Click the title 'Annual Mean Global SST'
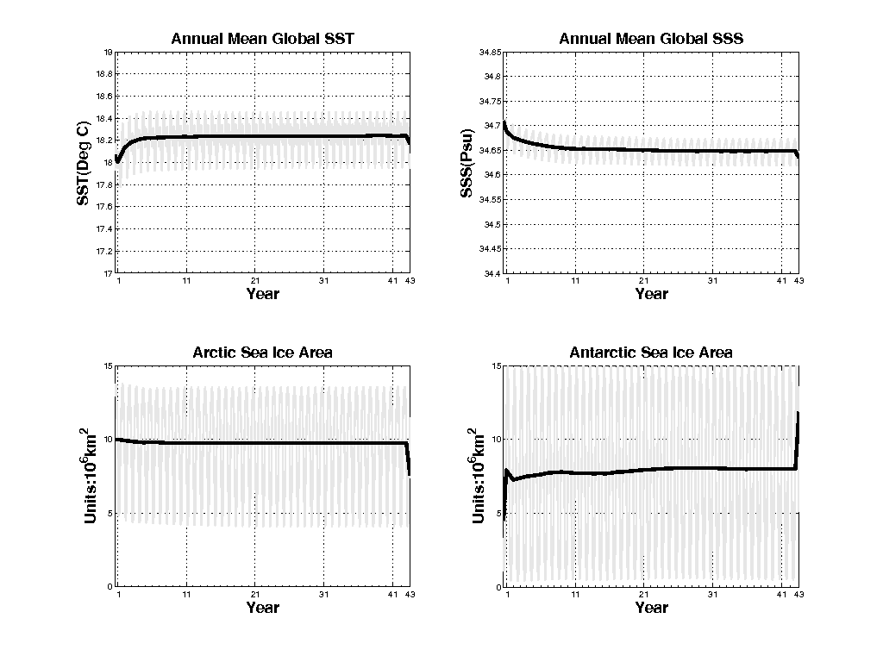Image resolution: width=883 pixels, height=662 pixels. point(262,39)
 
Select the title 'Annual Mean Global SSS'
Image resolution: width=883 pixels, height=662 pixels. point(651,39)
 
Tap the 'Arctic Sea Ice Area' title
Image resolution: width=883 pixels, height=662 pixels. point(262,353)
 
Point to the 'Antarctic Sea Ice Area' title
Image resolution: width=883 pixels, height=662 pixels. point(651,353)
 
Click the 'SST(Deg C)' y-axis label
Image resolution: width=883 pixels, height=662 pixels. point(84,163)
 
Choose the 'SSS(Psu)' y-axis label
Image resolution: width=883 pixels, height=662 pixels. point(467,163)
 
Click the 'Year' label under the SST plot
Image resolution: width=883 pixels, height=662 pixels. point(262,294)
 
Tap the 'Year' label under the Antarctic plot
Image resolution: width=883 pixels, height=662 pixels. point(651,608)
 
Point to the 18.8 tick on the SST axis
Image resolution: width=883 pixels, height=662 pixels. point(104,75)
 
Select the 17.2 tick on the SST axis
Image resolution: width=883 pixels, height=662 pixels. point(104,252)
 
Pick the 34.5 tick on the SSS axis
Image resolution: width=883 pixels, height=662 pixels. point(491,224)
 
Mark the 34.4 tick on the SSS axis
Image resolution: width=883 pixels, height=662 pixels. point(491,273)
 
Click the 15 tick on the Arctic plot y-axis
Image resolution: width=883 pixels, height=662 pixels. point(108,366)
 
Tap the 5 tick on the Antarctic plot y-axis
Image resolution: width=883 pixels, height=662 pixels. point(498,514)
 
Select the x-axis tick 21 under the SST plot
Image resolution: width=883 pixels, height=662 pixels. point(255,282)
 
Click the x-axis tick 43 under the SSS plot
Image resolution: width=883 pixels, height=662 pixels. point(798,282)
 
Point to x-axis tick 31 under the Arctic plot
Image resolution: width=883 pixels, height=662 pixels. point(324,596)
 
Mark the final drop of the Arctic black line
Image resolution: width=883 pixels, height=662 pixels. point(409,461)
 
